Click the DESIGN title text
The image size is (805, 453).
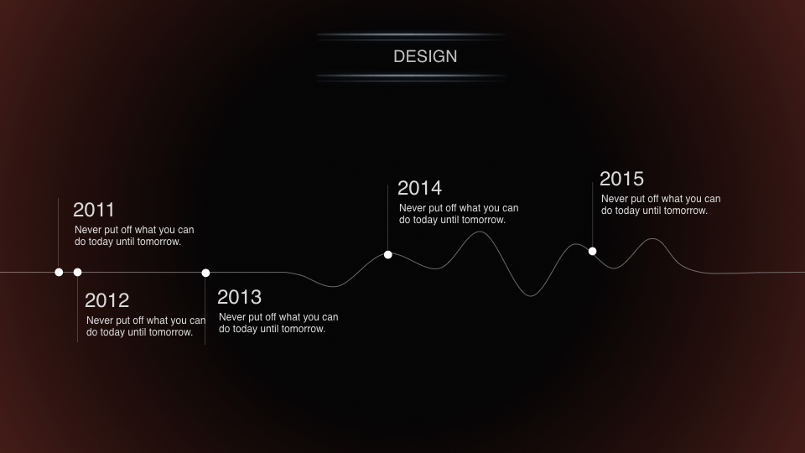point(425,56)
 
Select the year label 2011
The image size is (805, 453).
point(93,210)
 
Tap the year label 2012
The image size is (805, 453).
point(106,300)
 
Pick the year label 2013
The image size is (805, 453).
point(239,297)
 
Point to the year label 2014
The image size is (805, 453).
point(419,188)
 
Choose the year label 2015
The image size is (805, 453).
point(621,179)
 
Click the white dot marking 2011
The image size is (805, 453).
point(59,272)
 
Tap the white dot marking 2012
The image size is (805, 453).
point(77,272)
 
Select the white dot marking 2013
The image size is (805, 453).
point(206,273)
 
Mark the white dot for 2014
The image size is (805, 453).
point(388,255)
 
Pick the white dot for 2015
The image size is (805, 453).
point(593,251)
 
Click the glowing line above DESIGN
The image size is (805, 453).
point(411,35)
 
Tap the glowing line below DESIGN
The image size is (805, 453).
point(411,76)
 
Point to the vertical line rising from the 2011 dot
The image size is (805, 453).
point(59,233)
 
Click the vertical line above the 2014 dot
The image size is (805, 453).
point(387,218)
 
